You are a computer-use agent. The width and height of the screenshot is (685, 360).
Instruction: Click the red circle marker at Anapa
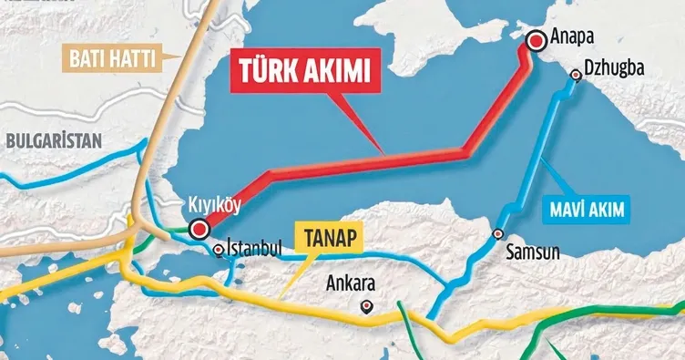click(x=535, y=39)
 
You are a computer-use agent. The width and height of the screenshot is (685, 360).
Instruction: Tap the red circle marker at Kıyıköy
click(x=198, y=229)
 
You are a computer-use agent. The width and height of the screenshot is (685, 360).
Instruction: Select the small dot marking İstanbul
click(x=219, y=248)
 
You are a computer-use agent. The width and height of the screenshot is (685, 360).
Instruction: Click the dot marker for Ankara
click(x=366, y=306)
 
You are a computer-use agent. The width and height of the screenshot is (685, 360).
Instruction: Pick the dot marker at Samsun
click(x=497, y=234)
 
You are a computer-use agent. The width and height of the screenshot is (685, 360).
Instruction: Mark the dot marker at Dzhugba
click(x=575, y=75)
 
